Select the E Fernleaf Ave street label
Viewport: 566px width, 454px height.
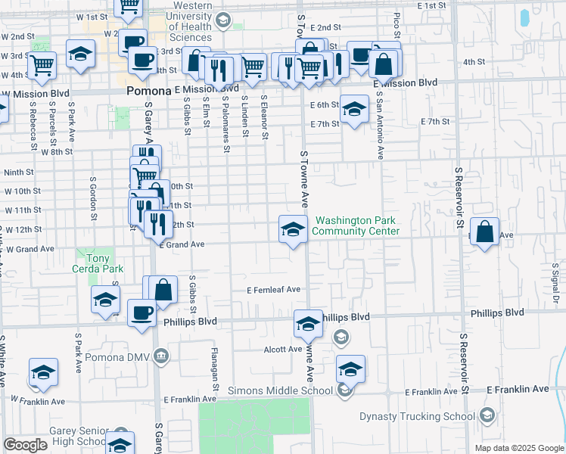tap(273, 290)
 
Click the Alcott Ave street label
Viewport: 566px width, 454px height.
tap(283, 350)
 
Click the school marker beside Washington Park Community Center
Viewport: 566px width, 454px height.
tap(293, 229)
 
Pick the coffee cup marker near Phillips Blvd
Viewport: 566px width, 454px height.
tap(141, 313)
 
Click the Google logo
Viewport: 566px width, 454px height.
tap(25, 445)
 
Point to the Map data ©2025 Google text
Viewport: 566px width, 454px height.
tap(518, 448)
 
